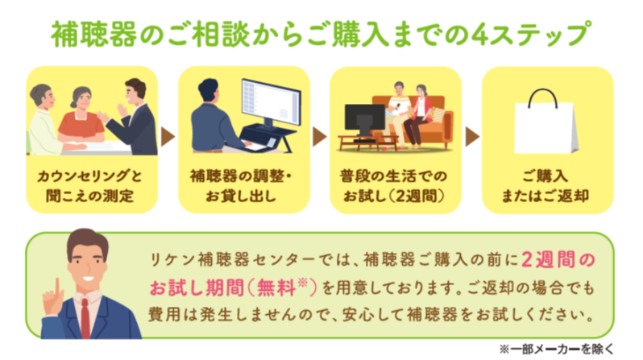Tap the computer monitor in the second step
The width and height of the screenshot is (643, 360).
[271, 103]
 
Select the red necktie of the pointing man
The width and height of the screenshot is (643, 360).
[85, 318]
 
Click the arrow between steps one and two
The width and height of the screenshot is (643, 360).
[168, 137]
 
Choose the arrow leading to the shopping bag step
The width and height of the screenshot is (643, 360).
[472, 137]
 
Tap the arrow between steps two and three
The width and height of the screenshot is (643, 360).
[320, 137]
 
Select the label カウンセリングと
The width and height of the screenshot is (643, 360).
[89, 176]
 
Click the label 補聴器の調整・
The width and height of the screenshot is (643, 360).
[241, 176]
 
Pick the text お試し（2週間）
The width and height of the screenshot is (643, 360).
[394, 196]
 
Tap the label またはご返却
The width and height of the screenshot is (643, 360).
[546, 196]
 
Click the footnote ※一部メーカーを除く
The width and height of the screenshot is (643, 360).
[557, 349]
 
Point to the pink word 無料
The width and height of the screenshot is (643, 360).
[276, 288]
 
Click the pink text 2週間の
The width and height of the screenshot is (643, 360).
[558, 259]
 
